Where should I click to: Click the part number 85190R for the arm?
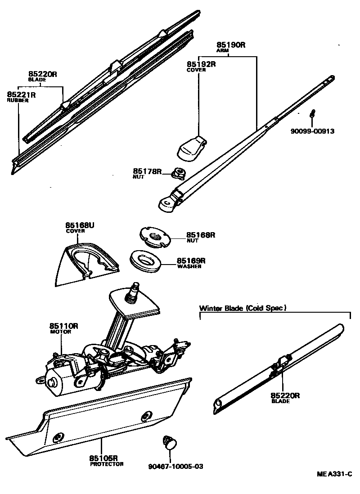231,45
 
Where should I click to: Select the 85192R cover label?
201,64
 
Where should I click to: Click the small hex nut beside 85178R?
179,171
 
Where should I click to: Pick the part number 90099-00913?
313,131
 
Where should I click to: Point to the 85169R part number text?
191,260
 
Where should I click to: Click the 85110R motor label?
64,326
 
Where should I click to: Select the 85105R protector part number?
103,458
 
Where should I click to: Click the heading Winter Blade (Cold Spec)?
243,308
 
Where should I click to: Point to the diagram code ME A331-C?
333,474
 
